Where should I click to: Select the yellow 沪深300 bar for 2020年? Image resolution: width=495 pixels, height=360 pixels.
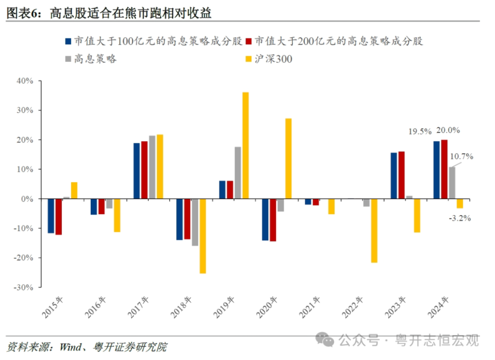point(288,158)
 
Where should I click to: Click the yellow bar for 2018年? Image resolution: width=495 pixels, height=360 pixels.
point(203,236)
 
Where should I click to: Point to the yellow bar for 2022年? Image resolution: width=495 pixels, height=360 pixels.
point(374,231)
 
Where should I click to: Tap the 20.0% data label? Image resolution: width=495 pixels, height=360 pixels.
point(448,130)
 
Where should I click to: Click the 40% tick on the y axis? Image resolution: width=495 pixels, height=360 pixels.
point(24,81)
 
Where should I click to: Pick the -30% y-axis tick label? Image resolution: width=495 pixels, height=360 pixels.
point(23,287)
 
